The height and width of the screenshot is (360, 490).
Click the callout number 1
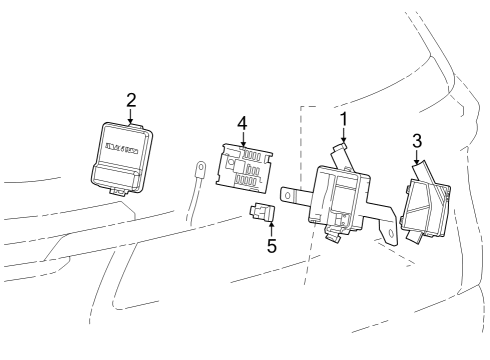pyautogui.click(x=343, y=120)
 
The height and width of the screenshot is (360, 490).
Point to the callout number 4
pyautogui.click(x=241, y=123)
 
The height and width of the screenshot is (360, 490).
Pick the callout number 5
pyautogui.click(x=272, y=245)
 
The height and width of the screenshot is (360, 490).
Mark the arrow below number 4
pyautogui.click(x=241, y=139)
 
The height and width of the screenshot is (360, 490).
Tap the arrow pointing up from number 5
pyautogui.click(x=271, y=227)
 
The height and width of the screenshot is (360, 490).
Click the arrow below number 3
pyautogui.click(x=417, y=156)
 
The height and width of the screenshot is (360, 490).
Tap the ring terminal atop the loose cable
pyautogui.click(x=200, y=171)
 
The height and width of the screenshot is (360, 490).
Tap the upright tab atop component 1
pyautogui.click(x=339, y=152)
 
